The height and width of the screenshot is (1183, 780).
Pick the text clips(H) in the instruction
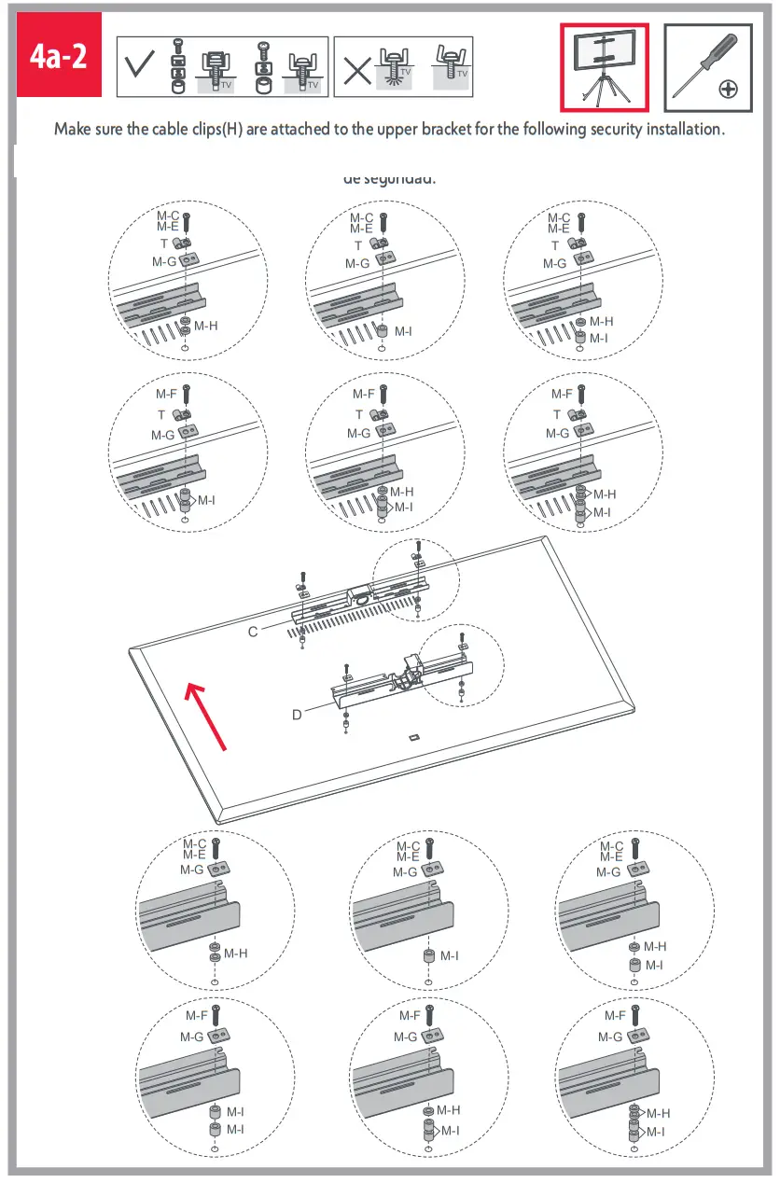coord(212,129)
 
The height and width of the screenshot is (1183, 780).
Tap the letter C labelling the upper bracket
coord(253,632)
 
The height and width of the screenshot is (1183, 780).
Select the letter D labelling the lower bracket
coord(296,715)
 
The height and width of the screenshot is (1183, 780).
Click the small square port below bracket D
coord(413,737)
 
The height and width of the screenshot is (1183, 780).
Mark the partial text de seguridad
coord(389,178)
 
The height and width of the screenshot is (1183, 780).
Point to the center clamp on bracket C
coord(359,591)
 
